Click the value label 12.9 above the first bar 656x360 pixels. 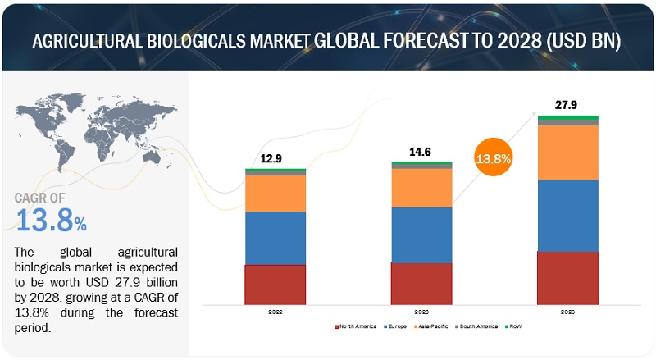click(x=275, y=158)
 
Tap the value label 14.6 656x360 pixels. click(x=421, y=153)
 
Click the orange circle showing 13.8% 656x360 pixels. click(x=493, y=158)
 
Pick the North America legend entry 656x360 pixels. click(x=357, y=326)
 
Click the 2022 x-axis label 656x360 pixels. click(x=275, y=312)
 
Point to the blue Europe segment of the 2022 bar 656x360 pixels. click(x=275, y=238)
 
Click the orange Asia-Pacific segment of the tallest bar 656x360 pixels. click(x=567, y=153)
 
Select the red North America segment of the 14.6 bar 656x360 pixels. click(x=421, y=284)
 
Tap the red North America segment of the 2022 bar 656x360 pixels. click(x=275, y=285)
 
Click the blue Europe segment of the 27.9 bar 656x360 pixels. click(x=567, y=215)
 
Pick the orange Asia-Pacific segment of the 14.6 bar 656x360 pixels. click(x=421, y=188)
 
